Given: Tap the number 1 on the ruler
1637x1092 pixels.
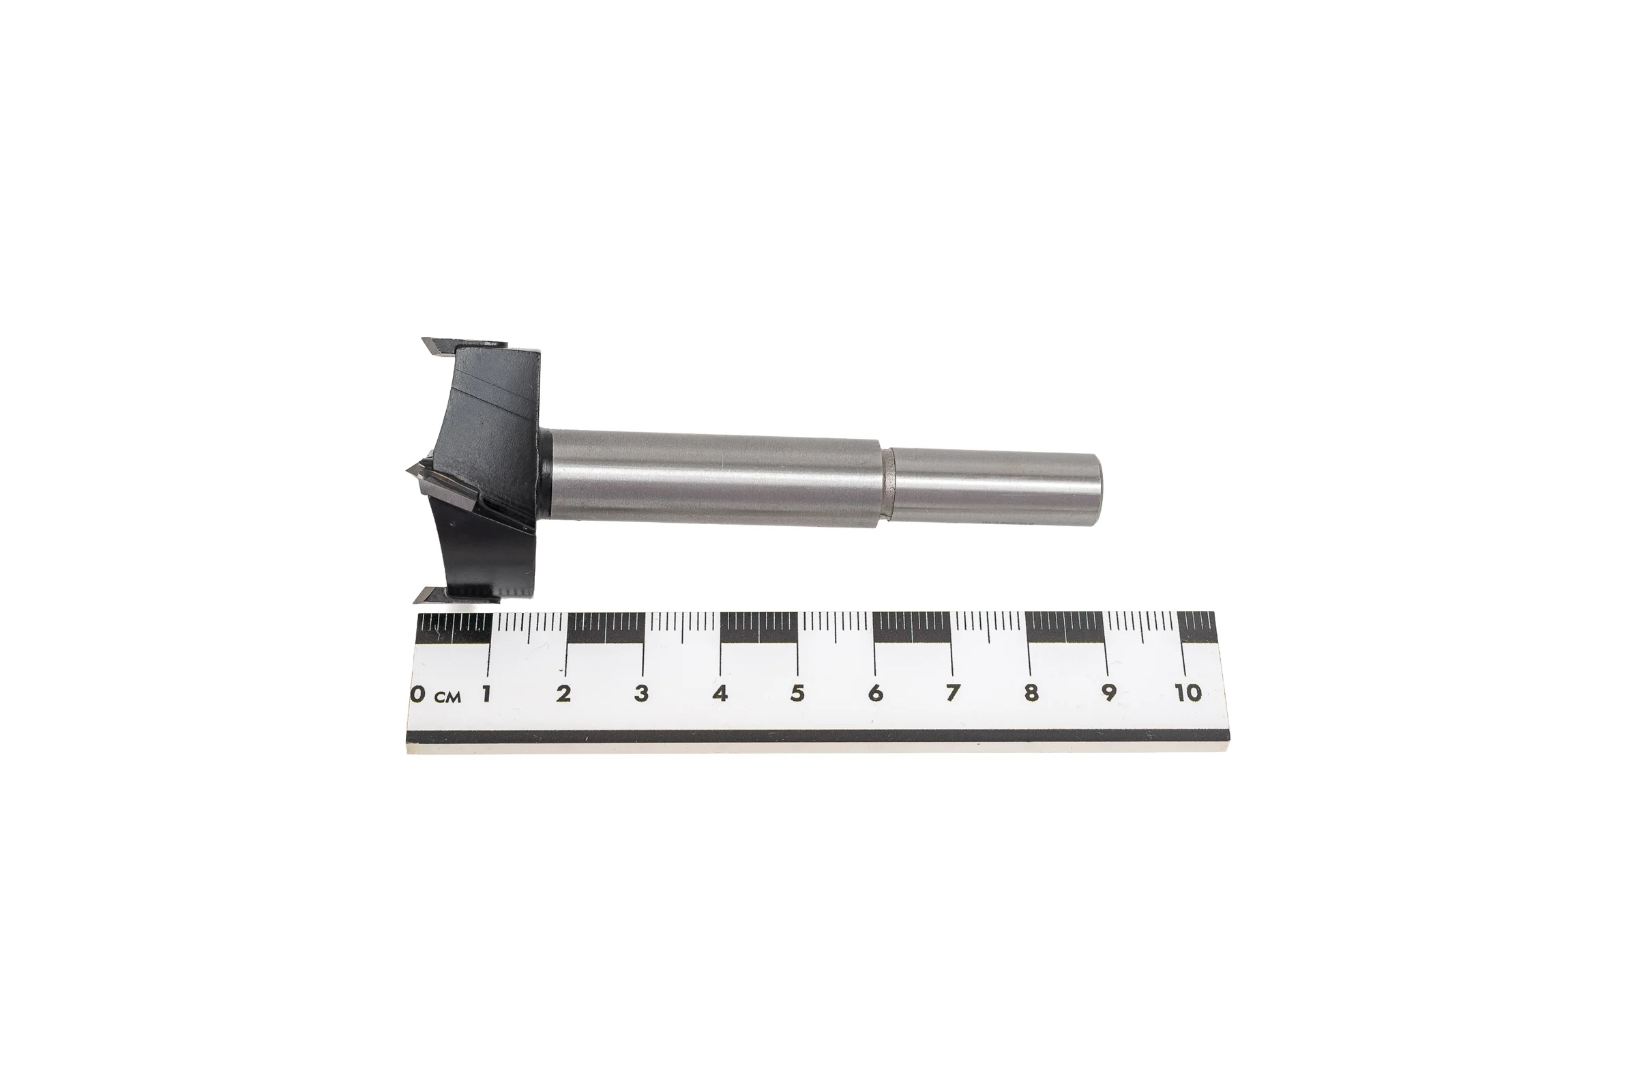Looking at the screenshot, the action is [487, 693].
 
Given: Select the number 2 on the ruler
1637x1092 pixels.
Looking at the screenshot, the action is [564, 693].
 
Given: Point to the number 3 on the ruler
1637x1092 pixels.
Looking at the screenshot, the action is [642, 693].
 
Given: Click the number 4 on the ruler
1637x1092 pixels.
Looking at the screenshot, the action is [720, 693].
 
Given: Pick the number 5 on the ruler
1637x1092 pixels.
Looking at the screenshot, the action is [797, 693].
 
